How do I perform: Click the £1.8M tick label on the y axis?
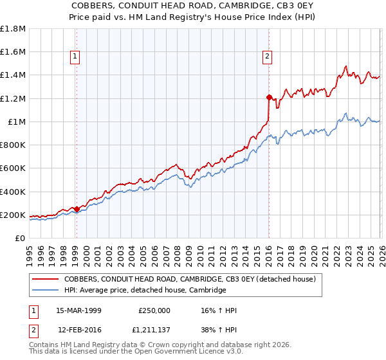click(13, 29)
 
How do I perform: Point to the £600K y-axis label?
click(12, 168)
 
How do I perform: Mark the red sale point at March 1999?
click(77, 209)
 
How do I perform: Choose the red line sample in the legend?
click(46, 280)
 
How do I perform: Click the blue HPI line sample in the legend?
click(46, 291)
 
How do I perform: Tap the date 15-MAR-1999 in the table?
click(79, 310)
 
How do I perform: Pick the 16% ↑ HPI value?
click(219, 310)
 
